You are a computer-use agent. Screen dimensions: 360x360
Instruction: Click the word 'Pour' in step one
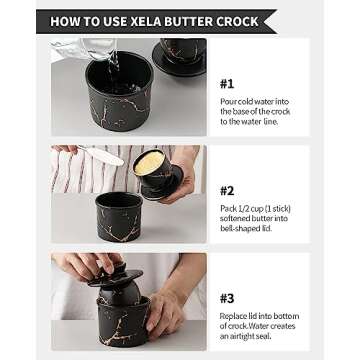(x=229, y=102)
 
